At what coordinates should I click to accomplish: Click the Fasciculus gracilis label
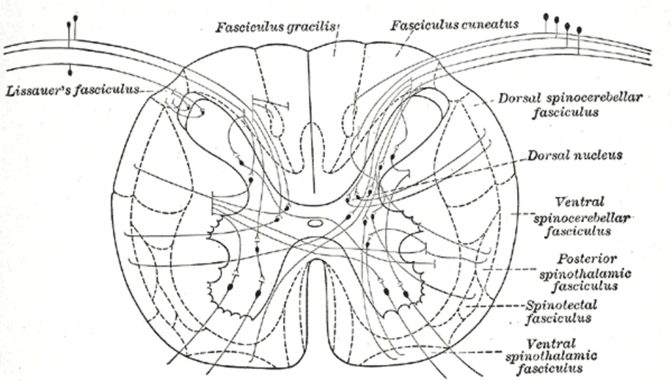pos(276,27)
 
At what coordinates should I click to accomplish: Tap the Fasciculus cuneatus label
pos(455,25)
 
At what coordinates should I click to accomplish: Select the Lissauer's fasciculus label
pos(72,90)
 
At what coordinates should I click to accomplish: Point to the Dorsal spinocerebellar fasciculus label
pos(570,105)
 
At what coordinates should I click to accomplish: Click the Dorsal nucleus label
pos(575,155)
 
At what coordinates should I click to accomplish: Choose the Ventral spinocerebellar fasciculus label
pos(581,217)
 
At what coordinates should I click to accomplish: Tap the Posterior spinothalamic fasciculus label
pos(585,273)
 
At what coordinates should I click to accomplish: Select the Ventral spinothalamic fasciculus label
pos(551,355)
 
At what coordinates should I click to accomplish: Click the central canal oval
pos(315,223)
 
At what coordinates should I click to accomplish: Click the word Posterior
pos(587,259)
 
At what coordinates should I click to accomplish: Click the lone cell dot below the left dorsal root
pos(70,73)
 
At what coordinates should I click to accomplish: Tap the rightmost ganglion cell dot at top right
pos(579,30)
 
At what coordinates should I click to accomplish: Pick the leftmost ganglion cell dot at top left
pos(69,24)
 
